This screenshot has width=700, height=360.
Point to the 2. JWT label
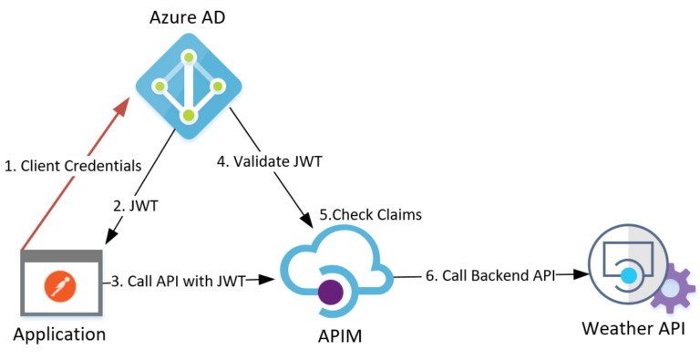[x=139, y=205]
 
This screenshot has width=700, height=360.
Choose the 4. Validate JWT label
[x=270, y=163]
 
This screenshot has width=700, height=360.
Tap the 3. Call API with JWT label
[x=179, y=281]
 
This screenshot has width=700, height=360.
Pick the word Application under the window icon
[x=59, y=334]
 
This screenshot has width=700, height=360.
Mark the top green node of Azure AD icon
[x=189, y=57]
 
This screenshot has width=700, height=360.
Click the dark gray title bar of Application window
[x=59, y=257]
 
